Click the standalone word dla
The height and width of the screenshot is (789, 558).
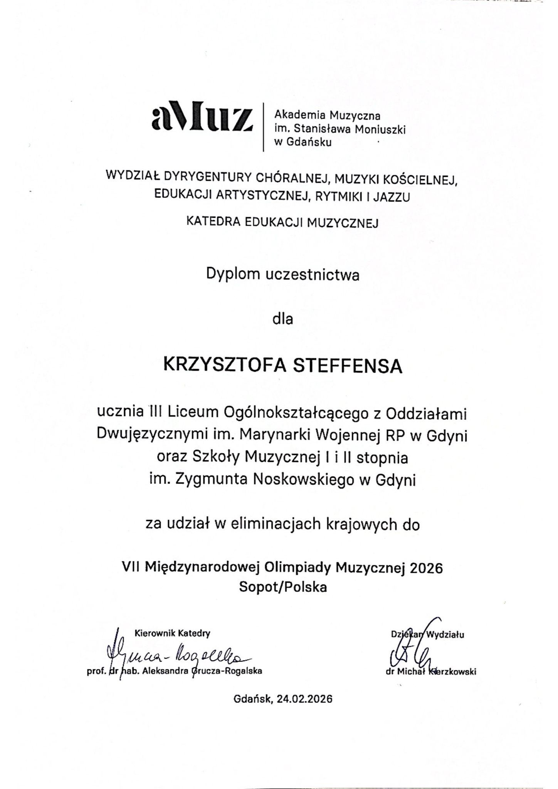click(x=282, y=319)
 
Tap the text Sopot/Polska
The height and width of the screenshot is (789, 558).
click(x=282, y=587)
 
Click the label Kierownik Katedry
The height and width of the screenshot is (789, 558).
click(x=172, y=633)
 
